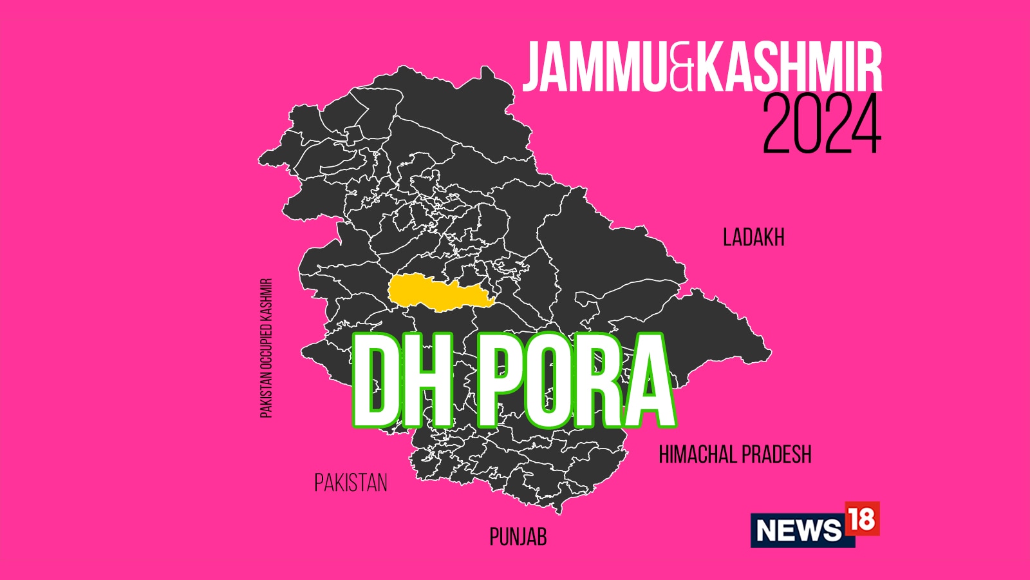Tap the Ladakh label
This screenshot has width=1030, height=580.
click(753, 238)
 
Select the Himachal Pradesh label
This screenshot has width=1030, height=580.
click(735, 455)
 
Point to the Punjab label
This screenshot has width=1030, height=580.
click(518, 537)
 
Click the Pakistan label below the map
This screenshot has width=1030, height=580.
click(351, 483)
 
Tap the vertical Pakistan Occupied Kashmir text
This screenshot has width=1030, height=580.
click(267, 348)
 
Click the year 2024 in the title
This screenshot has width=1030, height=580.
click(821, 125)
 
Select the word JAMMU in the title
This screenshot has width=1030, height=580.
click(595, 66)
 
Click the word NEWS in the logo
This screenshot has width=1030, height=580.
click(799, 530)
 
